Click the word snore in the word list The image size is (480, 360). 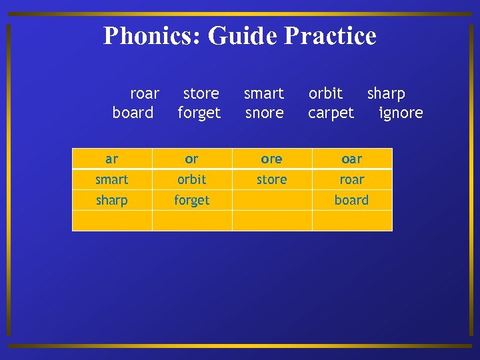(x=265, y=113)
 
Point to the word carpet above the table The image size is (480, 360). (x=331, y=113)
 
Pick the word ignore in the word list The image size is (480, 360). (x=401, y=113)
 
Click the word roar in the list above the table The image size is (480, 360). (x=145, y=93)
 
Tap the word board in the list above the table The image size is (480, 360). (x=133, y=113)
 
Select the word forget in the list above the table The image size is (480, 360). (x=199, y=113)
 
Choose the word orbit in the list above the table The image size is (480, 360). (x=325, y=93)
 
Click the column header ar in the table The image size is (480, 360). (x=112, y=159)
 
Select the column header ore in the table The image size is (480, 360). (x=272, y=159)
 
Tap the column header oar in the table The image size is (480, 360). (x=352, y=159)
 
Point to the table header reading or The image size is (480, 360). (x=192, y=159)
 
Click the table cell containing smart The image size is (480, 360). (x=112, y=179)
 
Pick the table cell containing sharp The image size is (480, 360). (x=112, y=200)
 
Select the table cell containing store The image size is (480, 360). (x=272, y=179)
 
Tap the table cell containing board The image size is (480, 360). (x=352, y=200)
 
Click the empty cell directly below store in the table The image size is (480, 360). (x=272, y=200)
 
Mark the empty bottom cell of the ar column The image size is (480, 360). (x=112, y=221)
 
